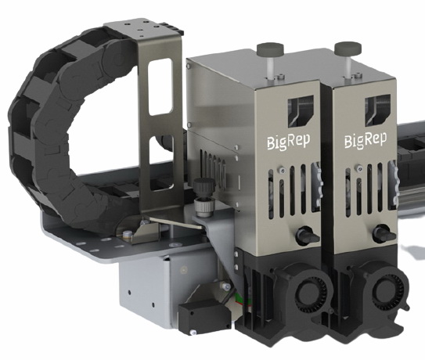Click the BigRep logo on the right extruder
pyautogui.click(x=366, y=140)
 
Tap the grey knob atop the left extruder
pyautogui.click(x=270, y=49)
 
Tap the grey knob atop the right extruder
pyautogui.click(x=348, y=48)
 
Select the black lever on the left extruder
pyautogui.click(x=308, y=236)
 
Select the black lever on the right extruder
pyautogui.click(x=384, y=234)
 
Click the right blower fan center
pyautogui.click(x=387, y=291)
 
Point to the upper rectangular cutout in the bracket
pyautogui.click(x=160, y=87)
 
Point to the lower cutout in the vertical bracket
pyautogui.click(x=161, y=163)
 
